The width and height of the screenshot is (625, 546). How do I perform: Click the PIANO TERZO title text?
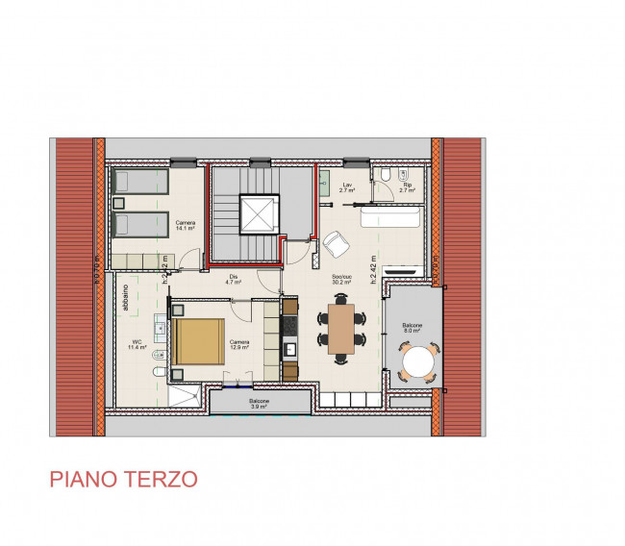(123, 479)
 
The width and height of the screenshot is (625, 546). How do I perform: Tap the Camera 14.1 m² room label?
(185, 225)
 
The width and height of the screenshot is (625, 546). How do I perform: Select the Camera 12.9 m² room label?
(239, 344)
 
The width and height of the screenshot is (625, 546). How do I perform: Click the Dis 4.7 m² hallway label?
(232, 280)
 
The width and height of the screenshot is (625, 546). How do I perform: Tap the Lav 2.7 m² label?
(347, 187)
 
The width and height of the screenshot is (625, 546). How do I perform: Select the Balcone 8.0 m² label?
(412, 328)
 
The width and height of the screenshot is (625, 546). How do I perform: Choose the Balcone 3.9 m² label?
(259, 404)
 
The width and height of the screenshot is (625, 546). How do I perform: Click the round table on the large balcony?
(419, 362)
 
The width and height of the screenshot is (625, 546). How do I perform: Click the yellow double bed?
(199, 343)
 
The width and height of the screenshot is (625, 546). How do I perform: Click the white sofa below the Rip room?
(389, 218)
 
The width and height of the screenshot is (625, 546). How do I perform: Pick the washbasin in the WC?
(159, 330)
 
